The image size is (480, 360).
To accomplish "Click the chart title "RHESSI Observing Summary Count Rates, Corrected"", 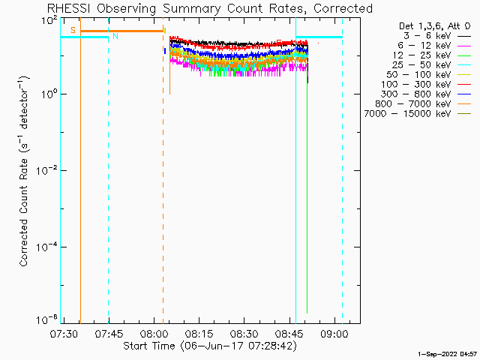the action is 210,8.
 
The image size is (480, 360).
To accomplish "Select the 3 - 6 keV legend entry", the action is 436,36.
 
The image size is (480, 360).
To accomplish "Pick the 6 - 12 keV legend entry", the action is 434,46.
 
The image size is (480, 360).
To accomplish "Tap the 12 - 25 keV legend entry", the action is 432,55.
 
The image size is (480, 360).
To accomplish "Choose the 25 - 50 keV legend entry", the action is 432,65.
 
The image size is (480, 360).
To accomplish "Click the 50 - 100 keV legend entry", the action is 428,75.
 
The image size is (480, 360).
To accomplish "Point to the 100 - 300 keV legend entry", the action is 426,85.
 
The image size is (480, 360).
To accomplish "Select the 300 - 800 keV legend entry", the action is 426,94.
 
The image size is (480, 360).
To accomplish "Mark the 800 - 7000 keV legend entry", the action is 423,104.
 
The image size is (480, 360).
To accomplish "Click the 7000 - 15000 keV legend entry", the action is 418,114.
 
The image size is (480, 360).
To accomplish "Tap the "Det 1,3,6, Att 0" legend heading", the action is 434,26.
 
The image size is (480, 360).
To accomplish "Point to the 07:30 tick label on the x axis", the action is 64,334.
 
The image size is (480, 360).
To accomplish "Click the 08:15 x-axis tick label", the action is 199,334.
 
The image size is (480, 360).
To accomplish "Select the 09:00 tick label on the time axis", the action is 334,334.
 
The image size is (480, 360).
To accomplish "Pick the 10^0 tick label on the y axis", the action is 49,93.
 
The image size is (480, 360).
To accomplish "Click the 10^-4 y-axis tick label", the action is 46,246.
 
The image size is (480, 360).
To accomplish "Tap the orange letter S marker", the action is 73,30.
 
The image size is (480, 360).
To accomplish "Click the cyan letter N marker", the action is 115,36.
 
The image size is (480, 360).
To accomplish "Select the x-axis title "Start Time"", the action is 149,346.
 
